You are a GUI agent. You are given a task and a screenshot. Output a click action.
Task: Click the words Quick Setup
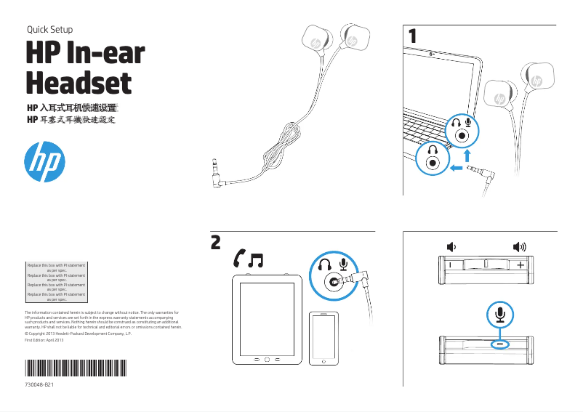(49, 30)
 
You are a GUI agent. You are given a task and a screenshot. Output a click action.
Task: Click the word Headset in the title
(79, 82)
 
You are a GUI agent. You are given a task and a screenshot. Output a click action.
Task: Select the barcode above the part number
(75, 367)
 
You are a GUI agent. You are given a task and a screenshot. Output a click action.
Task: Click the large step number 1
(413, 35)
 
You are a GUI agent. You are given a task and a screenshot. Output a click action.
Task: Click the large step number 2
(216, 242)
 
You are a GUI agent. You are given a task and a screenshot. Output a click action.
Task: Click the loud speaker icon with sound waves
(520, 246)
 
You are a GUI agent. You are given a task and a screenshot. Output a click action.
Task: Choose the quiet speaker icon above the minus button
(451, 246)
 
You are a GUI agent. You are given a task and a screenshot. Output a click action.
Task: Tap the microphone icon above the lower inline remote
(499, 314)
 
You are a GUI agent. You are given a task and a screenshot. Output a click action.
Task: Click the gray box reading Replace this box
(56, 282)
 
